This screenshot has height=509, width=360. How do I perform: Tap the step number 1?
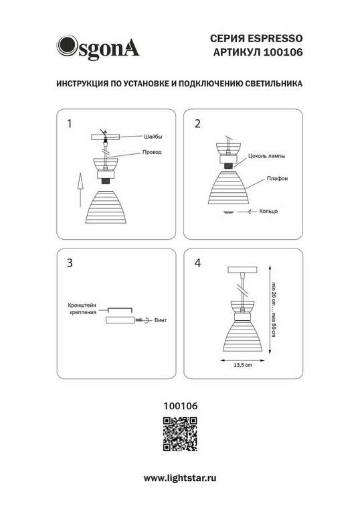click(70, 124)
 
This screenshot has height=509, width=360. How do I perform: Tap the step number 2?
click(197, 124)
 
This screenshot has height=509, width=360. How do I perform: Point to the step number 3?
click(70, 263)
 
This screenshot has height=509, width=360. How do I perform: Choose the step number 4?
click(197, 263)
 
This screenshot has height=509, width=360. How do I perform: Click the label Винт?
click(161, 321)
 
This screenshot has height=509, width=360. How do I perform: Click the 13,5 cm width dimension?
click(242, 365)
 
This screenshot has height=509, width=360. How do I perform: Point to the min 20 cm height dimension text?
click(273, 293)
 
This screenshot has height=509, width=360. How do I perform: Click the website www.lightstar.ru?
click(180, 478)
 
